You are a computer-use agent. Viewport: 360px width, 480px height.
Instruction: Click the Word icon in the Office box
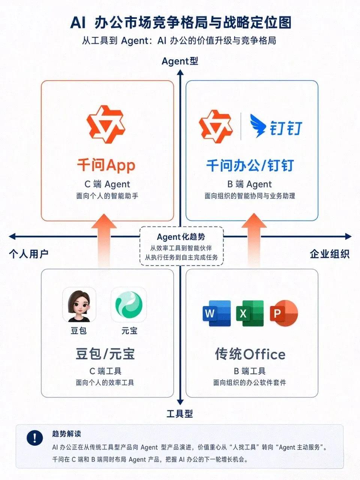[217, 313]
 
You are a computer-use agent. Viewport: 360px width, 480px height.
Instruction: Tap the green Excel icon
[250, 313]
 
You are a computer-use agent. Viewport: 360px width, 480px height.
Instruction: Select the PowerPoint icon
[284, 313]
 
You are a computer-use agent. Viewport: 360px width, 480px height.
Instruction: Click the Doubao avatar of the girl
[79, 304]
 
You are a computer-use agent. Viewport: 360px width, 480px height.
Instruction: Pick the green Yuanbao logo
[129, 304]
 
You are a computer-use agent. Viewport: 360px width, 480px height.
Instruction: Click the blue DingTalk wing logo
[258, 126]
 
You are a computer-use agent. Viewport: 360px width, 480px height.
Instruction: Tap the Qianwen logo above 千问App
[106, 124]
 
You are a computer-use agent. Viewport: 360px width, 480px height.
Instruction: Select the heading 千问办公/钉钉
[250, 165]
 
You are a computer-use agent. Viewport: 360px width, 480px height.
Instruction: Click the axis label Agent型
[180, 61]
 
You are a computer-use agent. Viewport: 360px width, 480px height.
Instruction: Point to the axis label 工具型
[180, 414]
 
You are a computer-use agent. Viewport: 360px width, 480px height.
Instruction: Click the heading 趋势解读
[67, 433]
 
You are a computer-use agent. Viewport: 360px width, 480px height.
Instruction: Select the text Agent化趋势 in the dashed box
[181, 237]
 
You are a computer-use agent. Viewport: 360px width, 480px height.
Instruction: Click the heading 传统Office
[250, 354]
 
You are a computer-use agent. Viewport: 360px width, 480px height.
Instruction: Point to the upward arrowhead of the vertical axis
[180, 73]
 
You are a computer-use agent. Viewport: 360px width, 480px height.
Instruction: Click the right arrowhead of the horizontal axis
[348, 236]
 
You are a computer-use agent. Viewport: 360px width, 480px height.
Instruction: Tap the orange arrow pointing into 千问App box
[104, 241]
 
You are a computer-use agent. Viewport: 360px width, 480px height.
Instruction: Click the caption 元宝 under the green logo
[129, 331]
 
